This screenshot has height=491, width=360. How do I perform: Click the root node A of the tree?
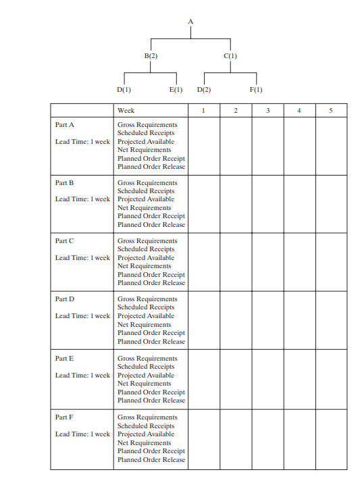pyautogui.click(x=190, y=22)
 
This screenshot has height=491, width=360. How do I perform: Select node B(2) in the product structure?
pyautogui.click(x=151, y=56)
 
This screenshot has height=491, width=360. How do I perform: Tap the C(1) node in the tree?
pyautogui.click(x=230, y=56)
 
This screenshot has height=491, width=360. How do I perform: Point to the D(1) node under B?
pyautogui.click(x=124, y=90)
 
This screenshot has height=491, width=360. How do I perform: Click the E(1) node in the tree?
pyautogui.click(x=176, y=90)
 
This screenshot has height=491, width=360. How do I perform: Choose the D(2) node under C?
pyautogui.click(x=204, y=90)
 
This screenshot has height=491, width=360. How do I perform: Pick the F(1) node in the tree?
pyautogui.click(x=256, y=90)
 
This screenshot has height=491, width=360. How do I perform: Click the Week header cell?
pyautogui.click(x=126, y=110)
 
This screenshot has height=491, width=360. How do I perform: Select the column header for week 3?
pyautogui.click(x=267, y=110)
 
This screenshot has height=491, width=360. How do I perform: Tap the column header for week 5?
pyautogui.click(x=331, y=110)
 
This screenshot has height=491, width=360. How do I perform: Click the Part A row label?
pyautogui.click(x=65, y=125)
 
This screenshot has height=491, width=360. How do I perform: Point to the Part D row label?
pyautogui.click(x=65, y=299)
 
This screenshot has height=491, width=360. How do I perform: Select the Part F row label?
pyautogui.click(x=65, y=417)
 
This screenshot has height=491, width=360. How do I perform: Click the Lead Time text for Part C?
pyautogui.click(x=82, y=258)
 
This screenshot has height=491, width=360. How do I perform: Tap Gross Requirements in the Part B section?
pyautogui.click(x=147, y=183)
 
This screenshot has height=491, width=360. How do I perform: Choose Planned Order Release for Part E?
pyautogui.click(x=151, y=400)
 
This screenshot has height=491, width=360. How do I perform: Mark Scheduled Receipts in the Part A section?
pyautogui.click(x=146, y=133)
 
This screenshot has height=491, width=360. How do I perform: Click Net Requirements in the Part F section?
pyautogui.click(x=144, y=443)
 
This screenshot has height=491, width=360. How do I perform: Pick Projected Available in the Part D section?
pyautogui.click(x=145, y=316)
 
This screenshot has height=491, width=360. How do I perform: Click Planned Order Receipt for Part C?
pyautogui.click(x=151, y=275)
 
